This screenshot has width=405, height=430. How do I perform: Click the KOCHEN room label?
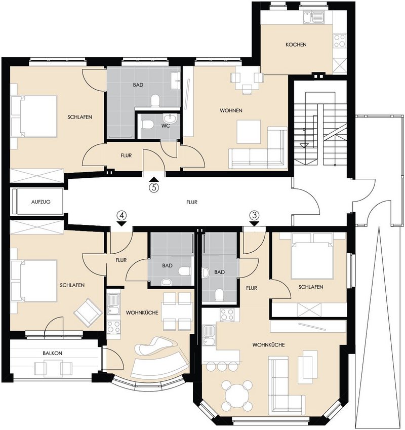[x=296, y=45]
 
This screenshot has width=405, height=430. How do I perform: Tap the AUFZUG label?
[x=41, y=202]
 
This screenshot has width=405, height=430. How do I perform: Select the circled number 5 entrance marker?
[x=154, y=188]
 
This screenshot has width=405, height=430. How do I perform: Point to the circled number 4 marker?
[x=122, y=215]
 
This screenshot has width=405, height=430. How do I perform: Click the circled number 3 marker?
[x=255, y=215]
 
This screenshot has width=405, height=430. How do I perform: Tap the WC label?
[x=166, y=126]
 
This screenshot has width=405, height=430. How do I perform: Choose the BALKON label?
[x=52, y=353]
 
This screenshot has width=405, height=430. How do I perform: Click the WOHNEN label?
[x=231, y=110]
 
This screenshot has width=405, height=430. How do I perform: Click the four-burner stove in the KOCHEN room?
[x=339, y=41]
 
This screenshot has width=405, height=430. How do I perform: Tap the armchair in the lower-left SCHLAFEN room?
[x=88, y=312]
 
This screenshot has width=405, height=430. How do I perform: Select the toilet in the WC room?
[x=147, y=125]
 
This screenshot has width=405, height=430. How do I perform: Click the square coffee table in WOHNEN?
[x=249, y=132]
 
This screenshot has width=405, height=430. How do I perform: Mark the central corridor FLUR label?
[x=192, y=202]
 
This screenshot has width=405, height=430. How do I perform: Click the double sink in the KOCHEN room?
[x=313, y=17]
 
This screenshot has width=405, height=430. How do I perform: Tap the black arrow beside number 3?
[x=255, y=224]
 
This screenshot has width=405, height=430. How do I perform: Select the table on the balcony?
[x=53, y=368]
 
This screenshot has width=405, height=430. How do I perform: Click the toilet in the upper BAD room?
[x=155, y=100]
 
